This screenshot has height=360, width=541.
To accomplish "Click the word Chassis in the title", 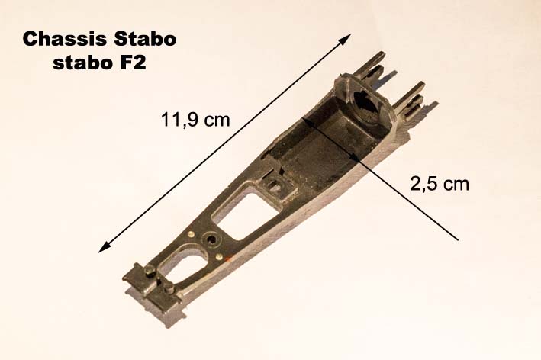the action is (x=64, y=39).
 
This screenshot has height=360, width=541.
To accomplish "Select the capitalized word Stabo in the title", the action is (x=145, y=39).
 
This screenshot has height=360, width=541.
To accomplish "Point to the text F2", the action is (x=134, y=63).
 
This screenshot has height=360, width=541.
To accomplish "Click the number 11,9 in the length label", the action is (x=180, y=121).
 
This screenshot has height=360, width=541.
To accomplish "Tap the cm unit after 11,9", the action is (x=217, y=121).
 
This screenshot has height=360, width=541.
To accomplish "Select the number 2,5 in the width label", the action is (x=423, y=184).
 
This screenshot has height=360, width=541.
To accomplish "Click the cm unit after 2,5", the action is (x=456, y=185).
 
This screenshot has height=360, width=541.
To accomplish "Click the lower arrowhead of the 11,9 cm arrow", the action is (x=104, y=248).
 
